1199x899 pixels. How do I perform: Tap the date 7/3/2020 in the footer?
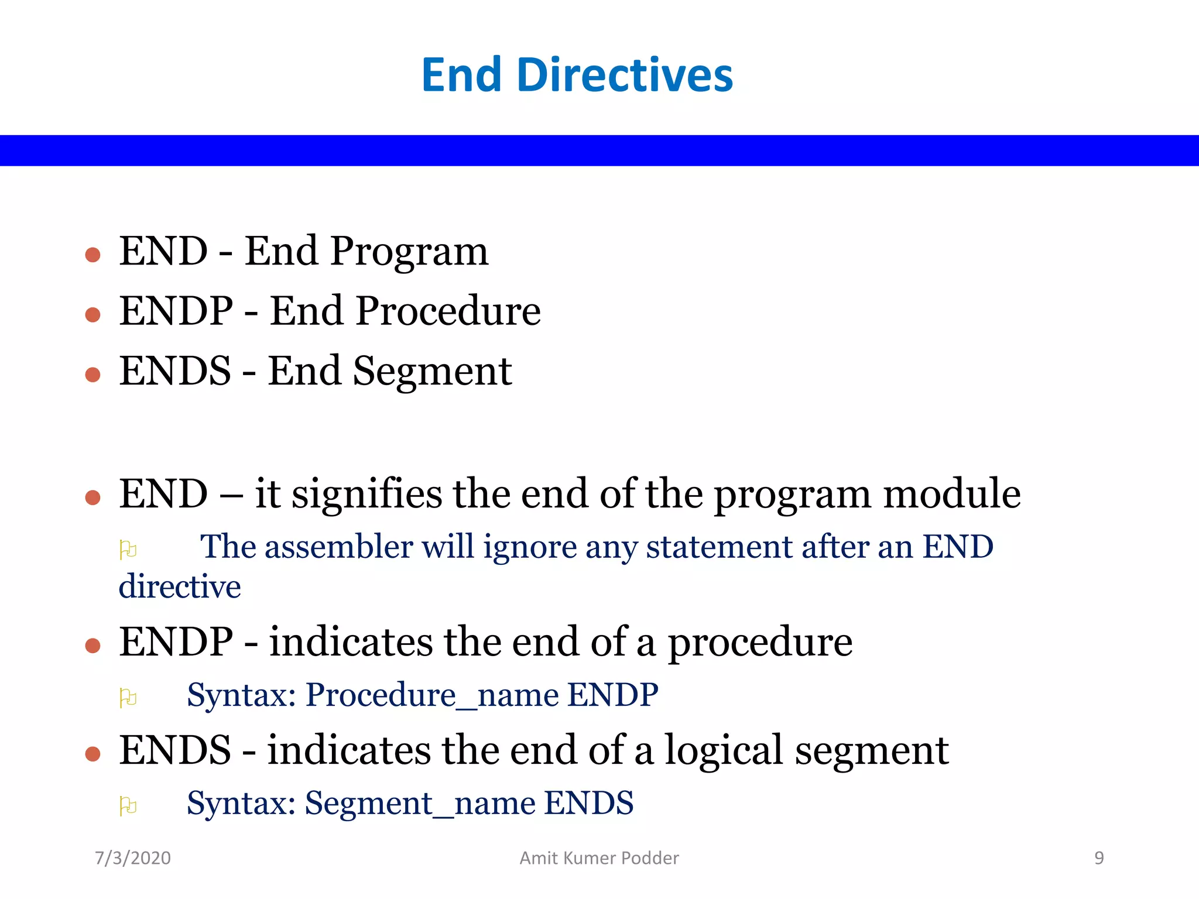click(x=133, y=858)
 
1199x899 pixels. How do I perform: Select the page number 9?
click(x=1099, y=858)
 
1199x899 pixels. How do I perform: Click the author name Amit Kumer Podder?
click(x=599, y=858)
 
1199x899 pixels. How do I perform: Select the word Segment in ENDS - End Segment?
click(x=432, y=372)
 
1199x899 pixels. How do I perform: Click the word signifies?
click(x=366, y=495)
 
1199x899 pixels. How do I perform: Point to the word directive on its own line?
click(x=180, y=587)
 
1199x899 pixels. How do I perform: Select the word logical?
click(x=724, y=751)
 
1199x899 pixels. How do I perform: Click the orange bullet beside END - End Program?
click(x=93, y=255)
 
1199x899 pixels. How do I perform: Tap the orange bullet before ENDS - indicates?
click(x=93, y=753)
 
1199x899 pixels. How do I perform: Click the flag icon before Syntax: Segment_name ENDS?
click(x=128, y=806)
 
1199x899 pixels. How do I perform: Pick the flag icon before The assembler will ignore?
click(x=128, y=550)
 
